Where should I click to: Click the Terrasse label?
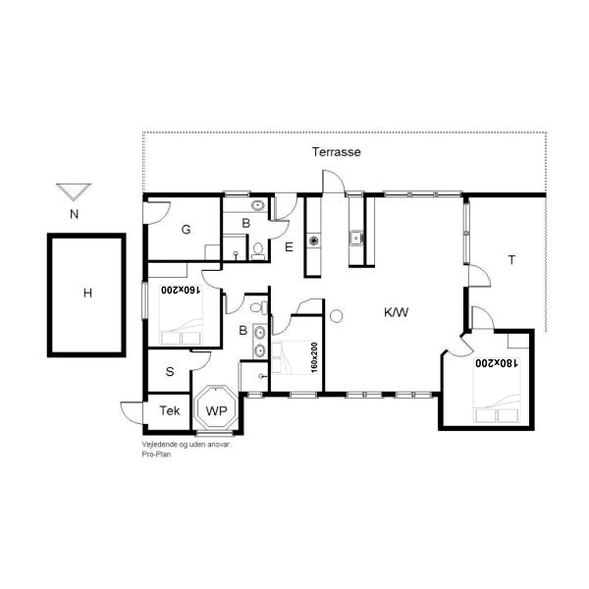click(x=336, y=152)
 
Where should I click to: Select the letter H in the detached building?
click(x=87, y=293)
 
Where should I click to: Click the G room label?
click(x=186, y=229)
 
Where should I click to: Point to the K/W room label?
click(x=396, y=312)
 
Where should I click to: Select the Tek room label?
click(x=170, y=410)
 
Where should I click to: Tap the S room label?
click(x=170, y=371)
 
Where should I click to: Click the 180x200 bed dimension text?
click(x=497, y=363)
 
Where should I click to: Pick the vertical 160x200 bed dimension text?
click(x=314, y=357)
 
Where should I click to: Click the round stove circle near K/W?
click(x=336, y=315)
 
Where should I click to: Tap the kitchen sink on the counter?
click(x=355, y=239)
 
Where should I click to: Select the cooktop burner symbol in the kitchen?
click(x=314, y=241)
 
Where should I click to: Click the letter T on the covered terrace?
click(x=511, y=259)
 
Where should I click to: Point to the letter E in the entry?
click(x=289, y=247)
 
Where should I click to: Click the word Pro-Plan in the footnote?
click(x=156, y=455)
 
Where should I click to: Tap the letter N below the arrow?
click(x=74, y=214)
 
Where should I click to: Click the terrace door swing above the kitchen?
click(x=334, y=182)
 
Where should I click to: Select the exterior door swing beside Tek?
click(x=132, y=413)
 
